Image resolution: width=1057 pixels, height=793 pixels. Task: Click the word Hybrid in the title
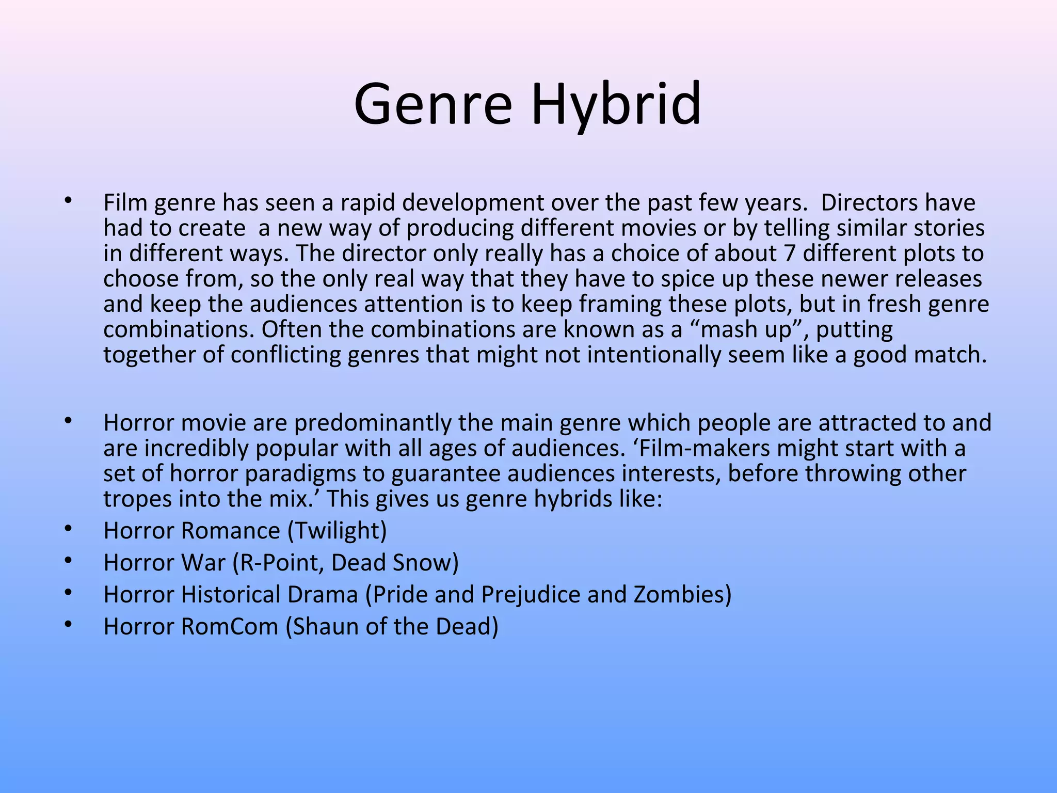point(616,105)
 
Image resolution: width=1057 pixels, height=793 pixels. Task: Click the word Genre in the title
point(433,105)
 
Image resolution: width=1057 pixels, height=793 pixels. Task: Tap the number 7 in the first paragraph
point(788,253)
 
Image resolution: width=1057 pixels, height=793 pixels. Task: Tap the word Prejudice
point(531,595)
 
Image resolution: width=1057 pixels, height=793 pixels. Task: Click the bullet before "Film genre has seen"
point(68,201)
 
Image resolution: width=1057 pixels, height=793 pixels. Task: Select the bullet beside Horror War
point(68,561)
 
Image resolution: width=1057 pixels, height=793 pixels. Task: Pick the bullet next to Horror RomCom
point(68,625)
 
